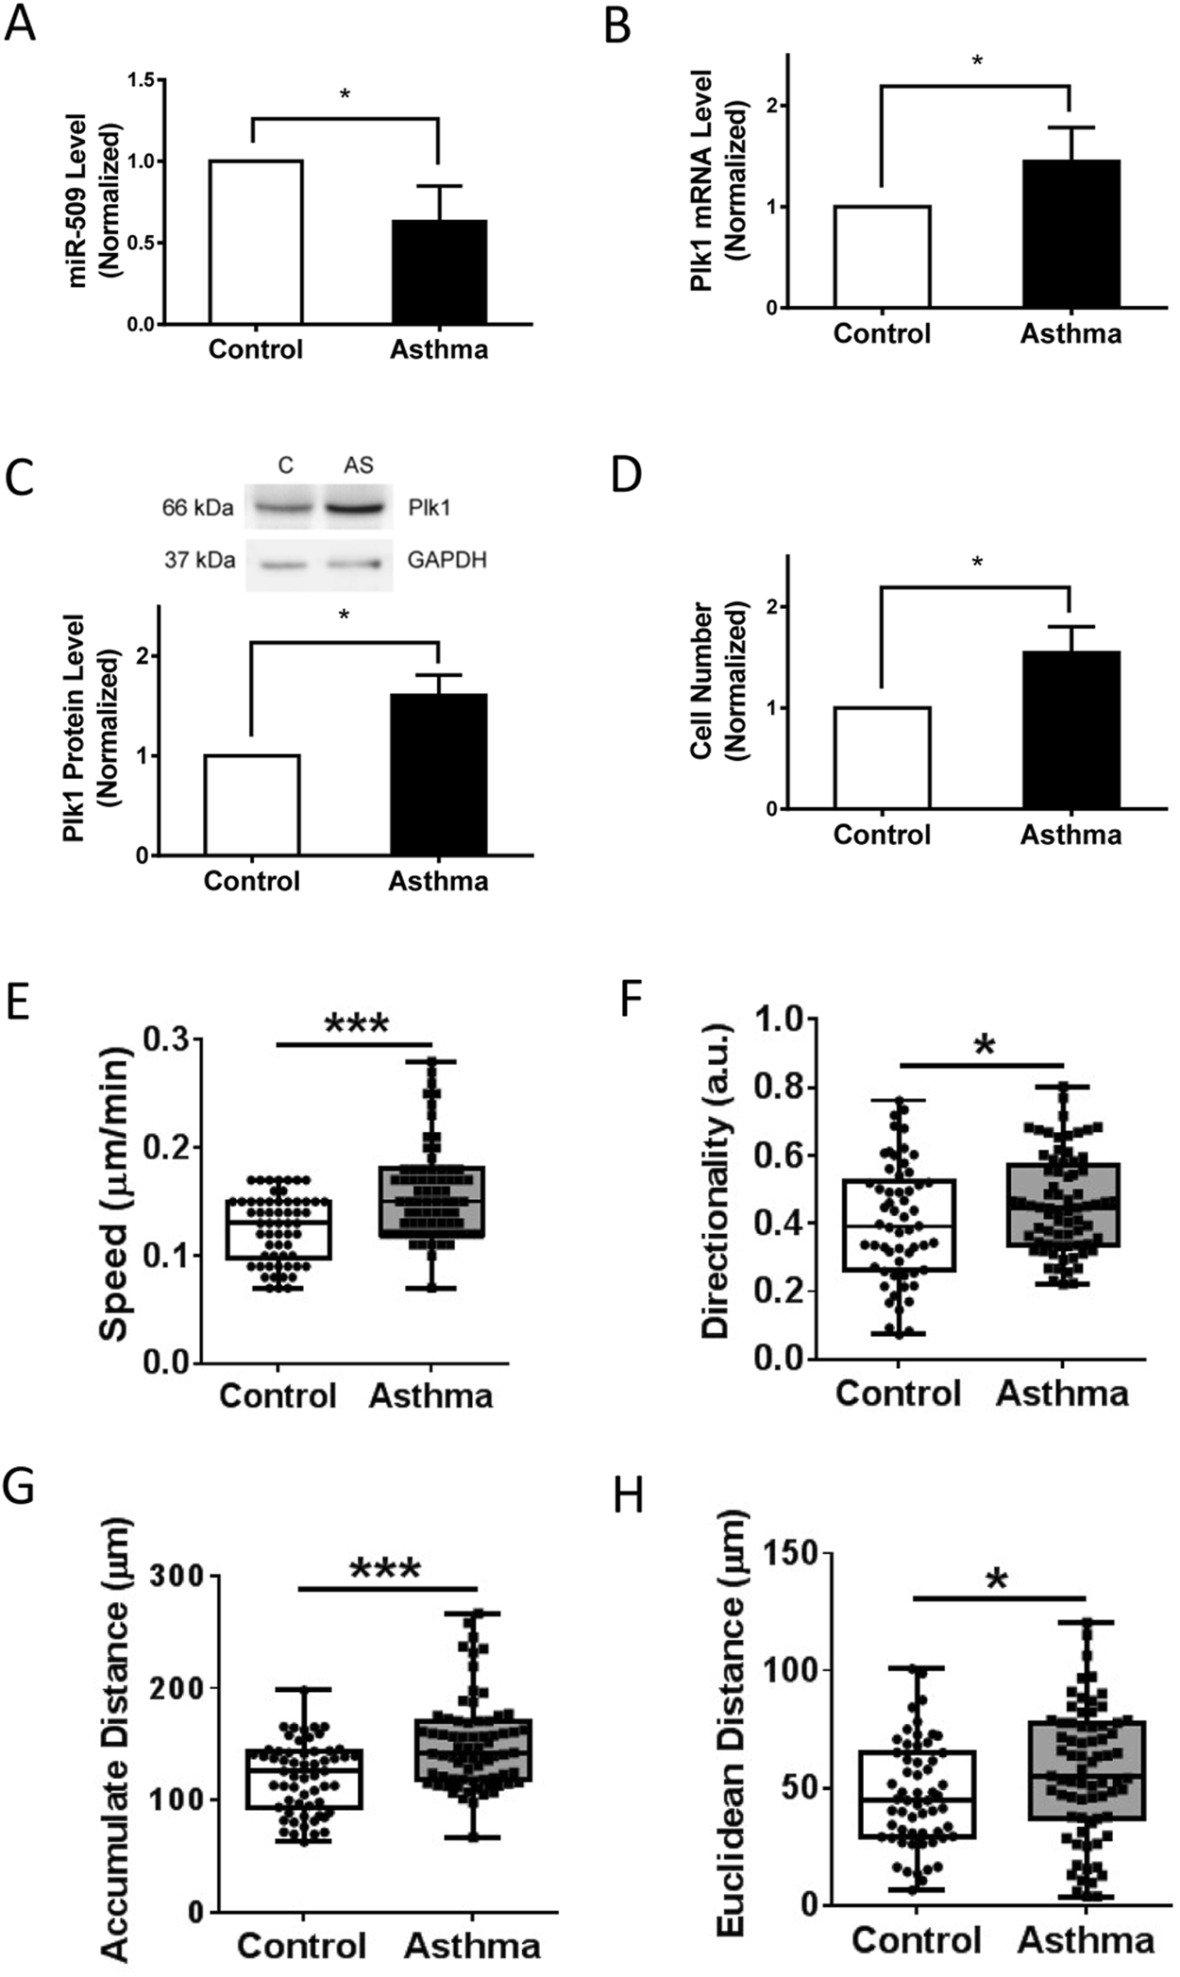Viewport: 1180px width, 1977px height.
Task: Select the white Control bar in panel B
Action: click(882, 256)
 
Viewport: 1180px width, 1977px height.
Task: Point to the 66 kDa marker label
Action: click(197, 508)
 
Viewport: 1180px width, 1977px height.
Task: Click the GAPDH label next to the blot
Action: click(447, 560)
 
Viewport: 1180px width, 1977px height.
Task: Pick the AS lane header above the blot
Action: click(359, 465)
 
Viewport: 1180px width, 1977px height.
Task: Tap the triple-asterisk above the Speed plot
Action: click(356, 1025)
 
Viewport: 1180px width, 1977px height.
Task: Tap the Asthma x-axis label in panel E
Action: click(430, 1395)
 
